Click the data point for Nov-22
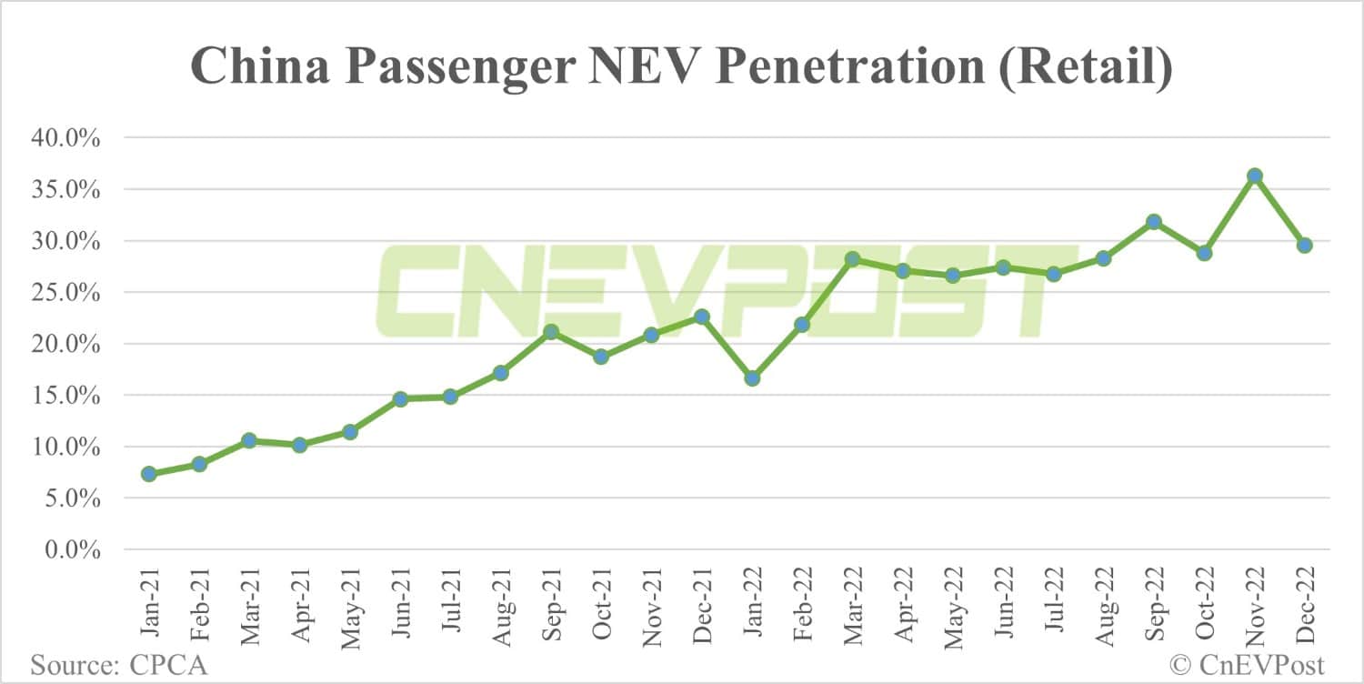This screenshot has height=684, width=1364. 1254,176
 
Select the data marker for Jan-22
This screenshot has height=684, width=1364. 752,377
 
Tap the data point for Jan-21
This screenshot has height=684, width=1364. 149,474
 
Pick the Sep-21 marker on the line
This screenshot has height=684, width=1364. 551,332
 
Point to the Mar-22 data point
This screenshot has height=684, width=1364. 852,259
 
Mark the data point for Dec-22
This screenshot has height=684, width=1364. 1304,245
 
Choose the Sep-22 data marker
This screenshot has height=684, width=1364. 1154,222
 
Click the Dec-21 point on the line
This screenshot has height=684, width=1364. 701,317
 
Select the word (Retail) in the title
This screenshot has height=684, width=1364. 1084,69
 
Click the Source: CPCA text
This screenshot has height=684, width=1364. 119,664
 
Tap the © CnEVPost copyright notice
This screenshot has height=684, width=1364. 1247,664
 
